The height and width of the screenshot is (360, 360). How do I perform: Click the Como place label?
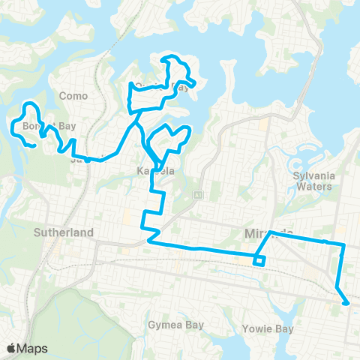tap(74, 96)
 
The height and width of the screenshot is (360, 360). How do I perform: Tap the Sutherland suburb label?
tap(64, 233)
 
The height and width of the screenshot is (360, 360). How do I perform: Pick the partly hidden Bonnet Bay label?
tap(40, 126)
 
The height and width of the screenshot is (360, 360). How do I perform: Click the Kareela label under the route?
tap(155, 171)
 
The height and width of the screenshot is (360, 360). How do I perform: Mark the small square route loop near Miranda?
tap(259, 260)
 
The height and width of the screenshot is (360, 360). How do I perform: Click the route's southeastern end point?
tap(347, 304)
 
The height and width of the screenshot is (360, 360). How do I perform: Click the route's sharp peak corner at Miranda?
tap(270, 232)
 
